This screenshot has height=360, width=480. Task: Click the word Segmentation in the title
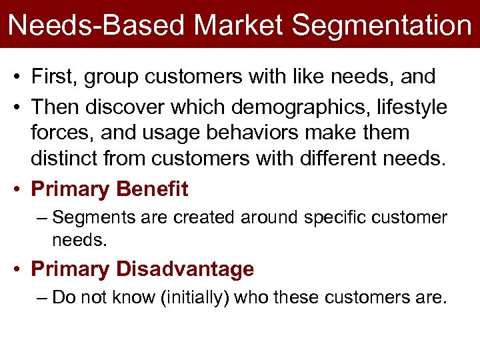coord(381,25)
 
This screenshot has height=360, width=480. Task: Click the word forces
coord(63,133)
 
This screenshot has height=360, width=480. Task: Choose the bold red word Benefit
coord(152,189)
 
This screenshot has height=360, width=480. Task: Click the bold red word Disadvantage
coord(185,269)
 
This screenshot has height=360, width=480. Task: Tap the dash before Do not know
coord(43,297)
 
